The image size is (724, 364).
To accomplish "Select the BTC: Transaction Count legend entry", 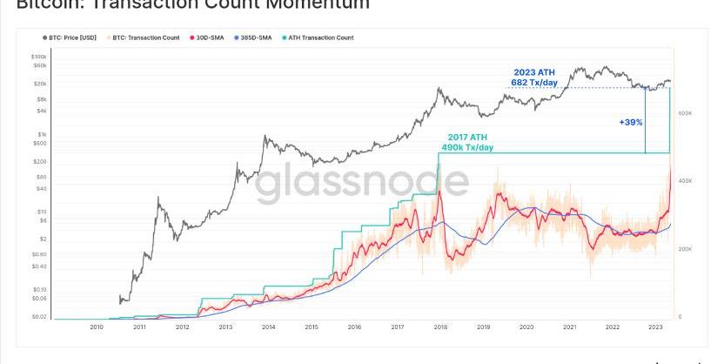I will click(145, 38).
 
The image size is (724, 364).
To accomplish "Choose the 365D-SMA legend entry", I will click(254, 38).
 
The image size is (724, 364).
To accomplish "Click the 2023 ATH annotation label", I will click(533, 72).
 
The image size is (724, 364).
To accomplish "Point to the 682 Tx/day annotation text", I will click(533, 83).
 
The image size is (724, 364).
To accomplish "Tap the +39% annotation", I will click(631, 122).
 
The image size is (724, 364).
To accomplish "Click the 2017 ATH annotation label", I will click(467, 138).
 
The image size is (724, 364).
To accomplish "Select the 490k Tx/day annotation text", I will click(467, 148).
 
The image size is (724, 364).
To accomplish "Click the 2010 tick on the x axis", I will click(97, 327).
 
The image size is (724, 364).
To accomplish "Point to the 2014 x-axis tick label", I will click(268, 327).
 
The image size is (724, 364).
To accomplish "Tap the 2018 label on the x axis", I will click(440, 327).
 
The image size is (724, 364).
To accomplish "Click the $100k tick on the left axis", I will click(39, 56).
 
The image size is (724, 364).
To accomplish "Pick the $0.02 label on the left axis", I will click(39, 317).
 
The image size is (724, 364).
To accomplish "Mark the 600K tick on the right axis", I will click(685, 113).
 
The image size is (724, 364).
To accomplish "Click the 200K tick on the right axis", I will click(685, 249).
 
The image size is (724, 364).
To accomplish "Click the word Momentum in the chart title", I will click(314, 5).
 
